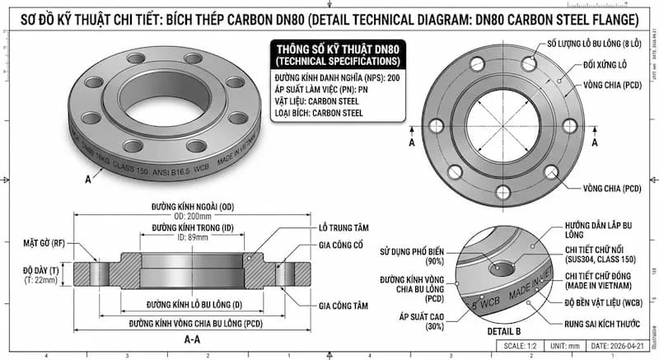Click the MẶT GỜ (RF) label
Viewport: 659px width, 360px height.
pos(44,244)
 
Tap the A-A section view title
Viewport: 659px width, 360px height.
pos(191,338)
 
